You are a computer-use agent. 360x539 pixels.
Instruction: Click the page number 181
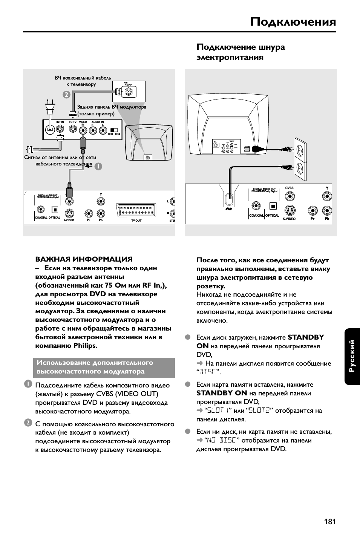coord(329,522)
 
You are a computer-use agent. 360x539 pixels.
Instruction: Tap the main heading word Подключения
coord(293,22)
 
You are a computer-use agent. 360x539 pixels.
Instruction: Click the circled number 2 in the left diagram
coord(66,95)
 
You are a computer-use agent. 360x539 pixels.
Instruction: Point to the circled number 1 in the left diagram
coord(98,166)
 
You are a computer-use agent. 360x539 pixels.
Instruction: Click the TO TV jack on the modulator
coord(73,130)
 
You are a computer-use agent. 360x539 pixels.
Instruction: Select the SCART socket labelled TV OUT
coord(136,210)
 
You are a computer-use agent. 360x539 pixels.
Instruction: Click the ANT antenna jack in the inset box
coord(129,91)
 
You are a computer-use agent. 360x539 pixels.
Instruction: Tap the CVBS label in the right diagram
coord(289,188)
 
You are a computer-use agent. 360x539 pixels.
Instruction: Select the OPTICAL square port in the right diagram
coord(273,206)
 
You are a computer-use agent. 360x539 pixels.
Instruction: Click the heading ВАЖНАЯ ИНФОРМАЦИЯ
coord(84,259)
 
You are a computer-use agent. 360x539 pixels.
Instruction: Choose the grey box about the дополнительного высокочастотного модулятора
coord(104,367)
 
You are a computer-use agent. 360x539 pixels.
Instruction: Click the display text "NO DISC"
coord(221,440)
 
